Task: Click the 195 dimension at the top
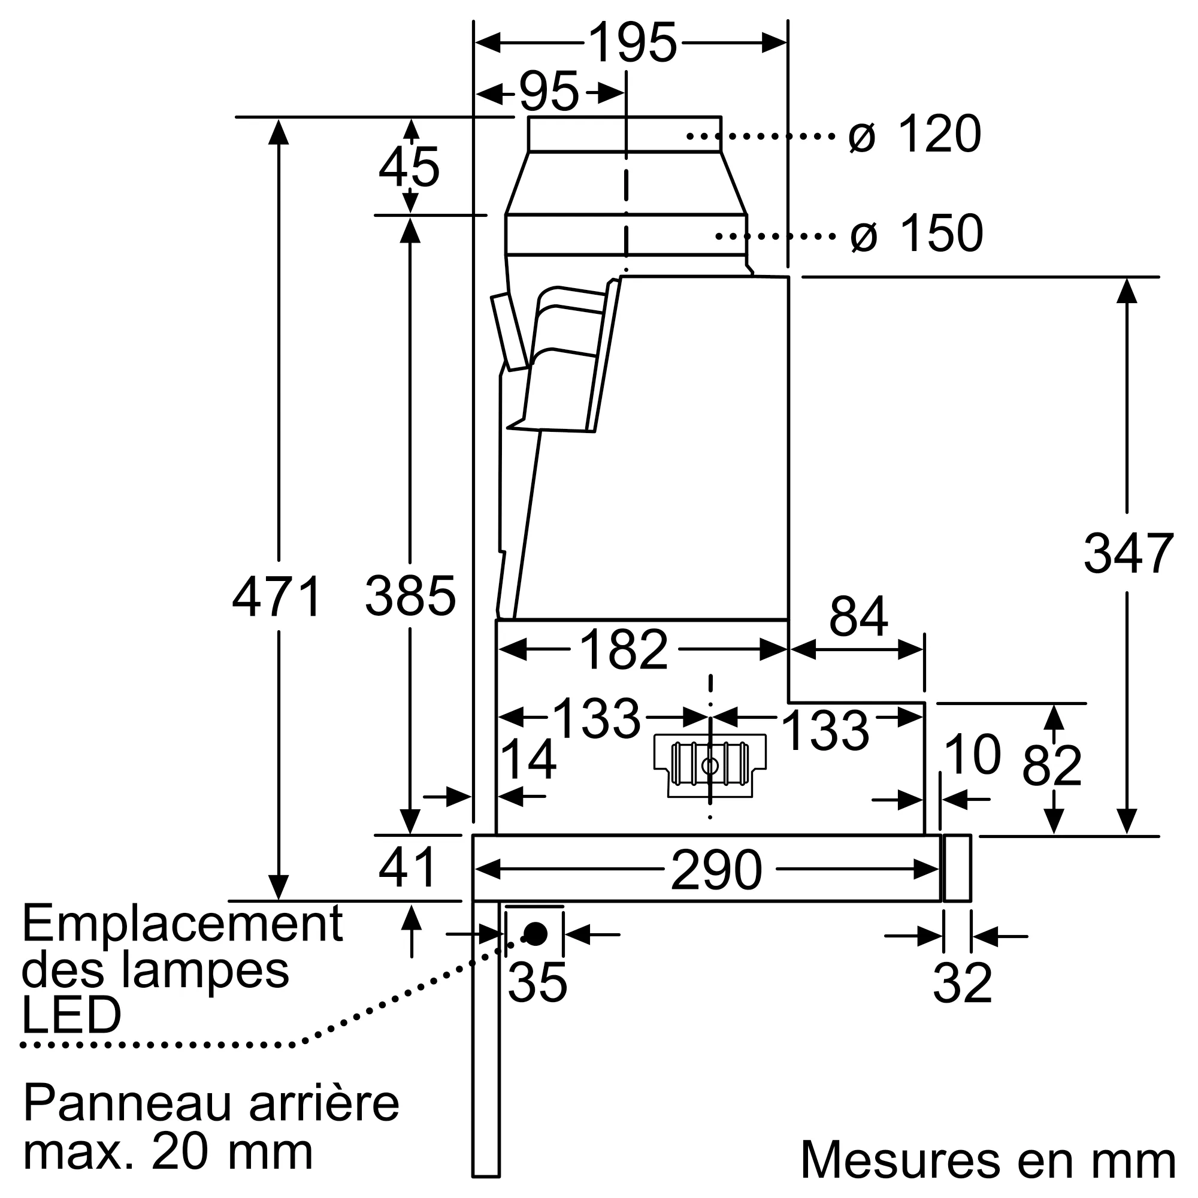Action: pyautogui.click(x=632, y=43)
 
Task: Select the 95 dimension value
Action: pyautogui.click(x=549, y=92)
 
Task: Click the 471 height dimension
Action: pyautogui.click(x=277, y=597)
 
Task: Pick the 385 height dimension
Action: pyautogui.click(x=410, y=597)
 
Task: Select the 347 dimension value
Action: pyautogui.click(x=1128, y=553)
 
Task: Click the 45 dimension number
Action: pyautogui.click(x=409, y=167)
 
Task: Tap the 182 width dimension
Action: pyautogui.click(x=623, y=650)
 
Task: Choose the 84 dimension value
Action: pyautogui.click(x=858, y=616)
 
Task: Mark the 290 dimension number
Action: pyautogui.click(x=716, y=870)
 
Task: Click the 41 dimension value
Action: pyautogui.click(x=408, y=867)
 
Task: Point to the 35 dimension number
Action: pyautogui.click(x=537, y=983)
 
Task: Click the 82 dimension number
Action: pyautogui.click(x=1052, y=766)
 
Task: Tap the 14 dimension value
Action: pyautogui.click(x=528, y=760)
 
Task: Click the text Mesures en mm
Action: pyautogui.click(x=988, y=1159)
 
